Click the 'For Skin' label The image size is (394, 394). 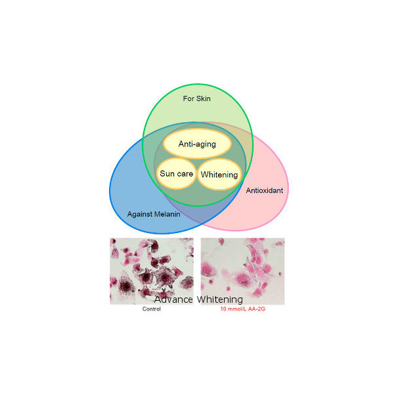click(x=197, y=98)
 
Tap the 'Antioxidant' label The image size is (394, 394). click(x=265, y=190)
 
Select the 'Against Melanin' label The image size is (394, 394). click(x=154, y=214)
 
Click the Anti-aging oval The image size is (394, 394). click(x=197, y=144)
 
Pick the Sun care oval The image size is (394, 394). click(x=177, y=173)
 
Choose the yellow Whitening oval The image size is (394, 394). click(x=219, y=175)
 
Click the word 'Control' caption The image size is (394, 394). click(x=152, y=309)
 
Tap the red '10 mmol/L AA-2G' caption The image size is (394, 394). click(x=243, y=309)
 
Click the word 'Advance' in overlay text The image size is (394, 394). click(x=173, y=299)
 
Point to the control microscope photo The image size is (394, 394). click(x=152, y=271)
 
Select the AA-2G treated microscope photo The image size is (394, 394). click(x=242, y=271)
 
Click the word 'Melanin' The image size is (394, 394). click(x=167, y=214)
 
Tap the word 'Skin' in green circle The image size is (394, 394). click(x=204, y=98)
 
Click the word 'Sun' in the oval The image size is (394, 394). click(x=167, y=173)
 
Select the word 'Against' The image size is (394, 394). click(x=140, y=214)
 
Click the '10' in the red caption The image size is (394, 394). click(x=223, y=309)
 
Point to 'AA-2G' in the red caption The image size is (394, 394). click(x=257, y=309)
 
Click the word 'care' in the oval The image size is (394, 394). click(x=185, y=174)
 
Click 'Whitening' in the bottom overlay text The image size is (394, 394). click(x=220, y=299)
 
